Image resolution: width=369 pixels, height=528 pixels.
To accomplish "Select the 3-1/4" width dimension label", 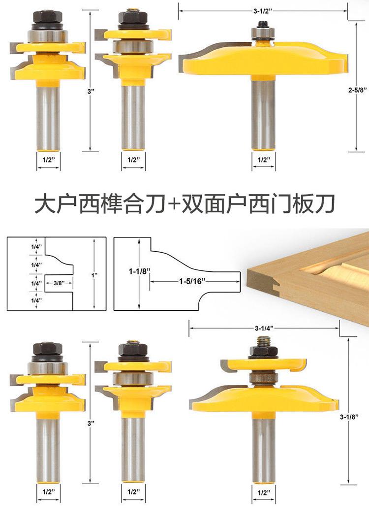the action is click(264, 328).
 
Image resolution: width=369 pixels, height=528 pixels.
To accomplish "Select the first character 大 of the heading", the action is click(44, 203).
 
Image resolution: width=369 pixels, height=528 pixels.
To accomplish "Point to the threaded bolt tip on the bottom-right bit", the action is click(264, 340).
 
